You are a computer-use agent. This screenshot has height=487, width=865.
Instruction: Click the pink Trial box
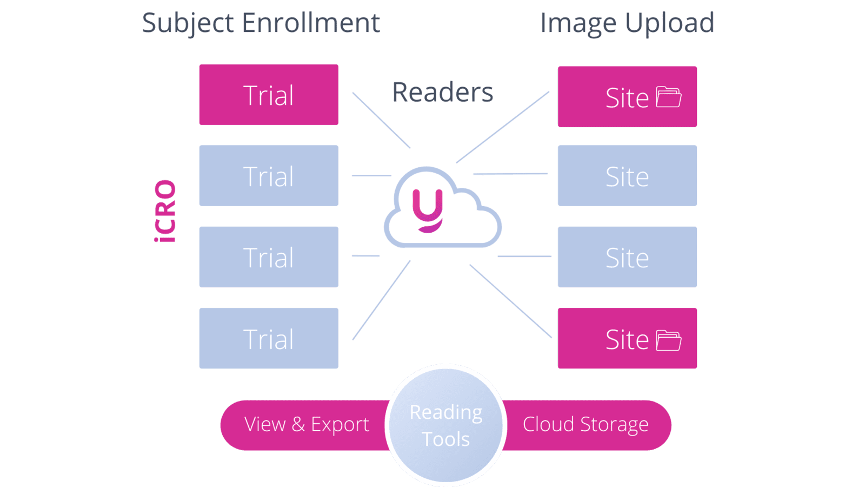[269, 95]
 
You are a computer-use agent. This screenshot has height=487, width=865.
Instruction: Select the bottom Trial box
[269, 338]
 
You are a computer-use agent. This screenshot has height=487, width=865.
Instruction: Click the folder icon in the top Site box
[668, 97]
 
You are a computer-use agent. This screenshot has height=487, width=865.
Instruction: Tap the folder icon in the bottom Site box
[668, 340]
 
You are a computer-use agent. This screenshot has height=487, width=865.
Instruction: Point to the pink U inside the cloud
[428, 210]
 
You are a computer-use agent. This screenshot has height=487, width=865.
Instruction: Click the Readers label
[443, 93]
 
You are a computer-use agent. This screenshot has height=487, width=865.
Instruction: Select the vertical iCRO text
[165, 211]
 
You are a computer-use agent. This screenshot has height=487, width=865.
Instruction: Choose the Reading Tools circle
[446, 425]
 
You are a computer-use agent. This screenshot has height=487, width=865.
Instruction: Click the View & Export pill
[307, 425]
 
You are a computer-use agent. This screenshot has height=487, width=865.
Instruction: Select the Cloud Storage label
[585, 425]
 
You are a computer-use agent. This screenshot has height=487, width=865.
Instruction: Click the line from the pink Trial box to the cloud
[381, 120]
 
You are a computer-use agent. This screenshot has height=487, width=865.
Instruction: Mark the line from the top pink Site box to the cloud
[503, 127]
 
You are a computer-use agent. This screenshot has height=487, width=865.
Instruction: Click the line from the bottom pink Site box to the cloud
[510, 301]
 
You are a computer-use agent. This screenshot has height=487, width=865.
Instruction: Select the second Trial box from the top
[269, 176]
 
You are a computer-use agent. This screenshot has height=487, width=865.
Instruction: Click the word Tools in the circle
[446, 439]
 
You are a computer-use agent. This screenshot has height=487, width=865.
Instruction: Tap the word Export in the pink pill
[340, 425]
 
